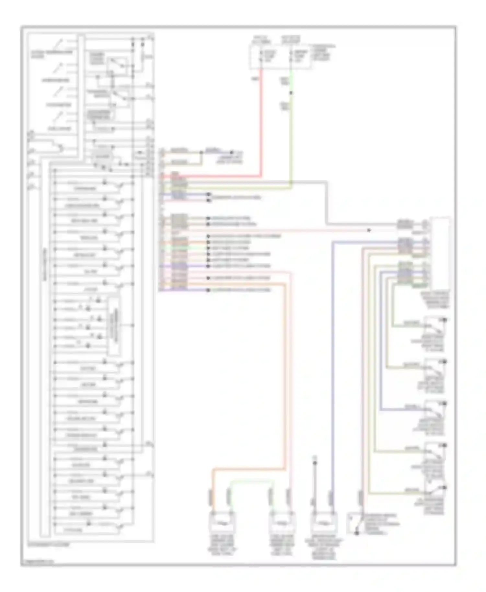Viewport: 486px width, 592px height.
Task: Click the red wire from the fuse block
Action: point(261,123)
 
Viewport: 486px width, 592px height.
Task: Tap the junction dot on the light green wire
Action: point(291,93)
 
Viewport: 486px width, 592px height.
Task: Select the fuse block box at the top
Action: point(281,57)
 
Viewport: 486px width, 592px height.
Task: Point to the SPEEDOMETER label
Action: point(55,80)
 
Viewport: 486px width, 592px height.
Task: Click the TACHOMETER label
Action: point(58,105)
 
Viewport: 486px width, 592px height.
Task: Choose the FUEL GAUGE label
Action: point(60,129)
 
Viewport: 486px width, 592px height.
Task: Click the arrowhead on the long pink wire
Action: point(369,230)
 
